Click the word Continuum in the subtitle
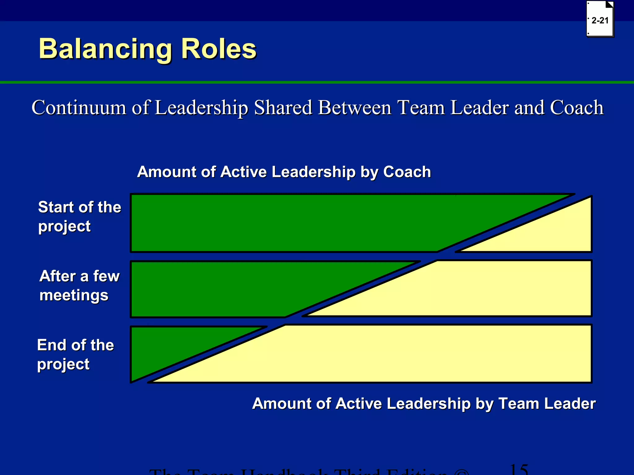(79, 108)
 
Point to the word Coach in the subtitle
(576, 108)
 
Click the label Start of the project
(79, 216)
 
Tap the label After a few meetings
(79, 285)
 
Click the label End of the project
(76, 354)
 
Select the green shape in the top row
(294, 223)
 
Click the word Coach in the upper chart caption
(407, 172)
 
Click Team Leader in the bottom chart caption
(547, 404)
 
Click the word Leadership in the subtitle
(201, 108)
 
